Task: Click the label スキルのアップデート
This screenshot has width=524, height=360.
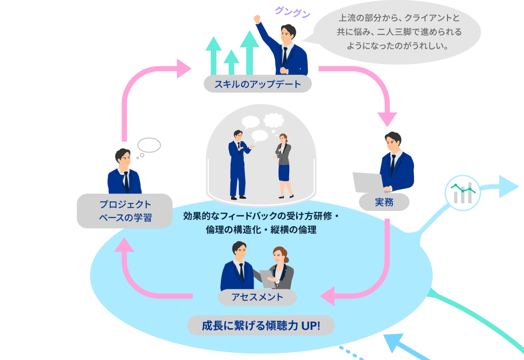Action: pyautogui.click(x=257, y=84)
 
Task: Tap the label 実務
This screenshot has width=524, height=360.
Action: pyautogui.click(x=384, y=202)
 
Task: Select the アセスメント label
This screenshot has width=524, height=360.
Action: pyautogui.click(x=257, y=297)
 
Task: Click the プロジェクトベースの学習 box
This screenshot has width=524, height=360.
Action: pyautogui.click(x=125, y=211)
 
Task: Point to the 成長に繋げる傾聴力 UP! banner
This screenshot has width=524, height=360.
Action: pyautogui.click(x=261, y=326)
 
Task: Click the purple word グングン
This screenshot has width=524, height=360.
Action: pyautogui.click(x=292, y=12)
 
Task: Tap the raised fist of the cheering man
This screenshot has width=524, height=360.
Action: pyautogui.click(x=257, y=19)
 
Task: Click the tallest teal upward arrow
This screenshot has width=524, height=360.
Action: pyautogui.click(x=250, y=52)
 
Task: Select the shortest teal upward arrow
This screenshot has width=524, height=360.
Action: pyautogui.click(x=231, y=62)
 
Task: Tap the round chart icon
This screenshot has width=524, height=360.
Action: pyautogui.click(x=462, y=193)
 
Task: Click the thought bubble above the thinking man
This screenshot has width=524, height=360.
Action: pyautogui.click(x=149, y=145)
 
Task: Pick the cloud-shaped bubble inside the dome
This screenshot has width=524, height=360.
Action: pyautogui.click(x=274, y=120)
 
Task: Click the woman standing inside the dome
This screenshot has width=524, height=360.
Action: pyautogui.click(x=284, y=165)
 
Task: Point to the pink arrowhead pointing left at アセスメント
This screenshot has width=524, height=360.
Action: pyautogui.click(x=328, y=296)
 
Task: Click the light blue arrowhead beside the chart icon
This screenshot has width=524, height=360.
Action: pyautogui.click(x=508, y=187)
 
